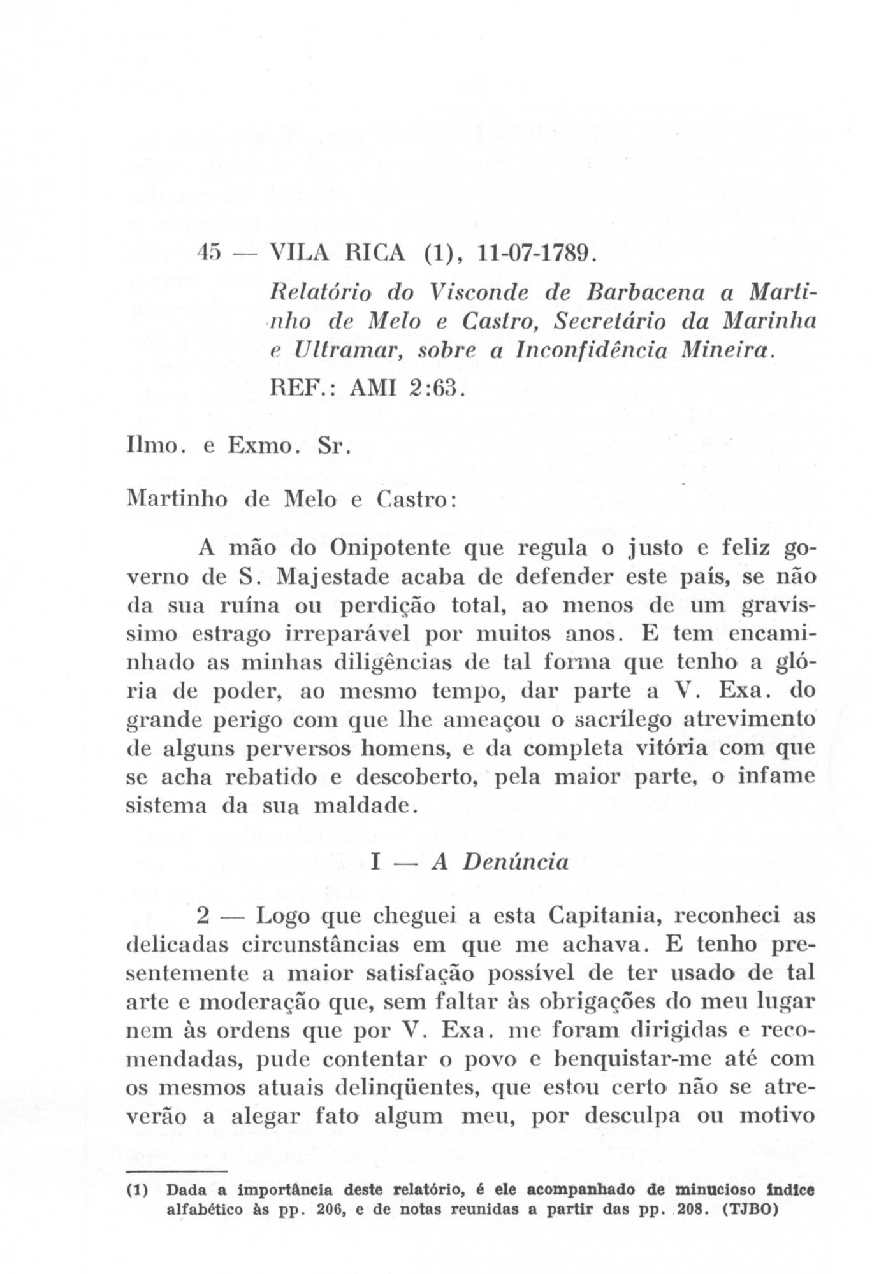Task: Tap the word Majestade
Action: point(340,577)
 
